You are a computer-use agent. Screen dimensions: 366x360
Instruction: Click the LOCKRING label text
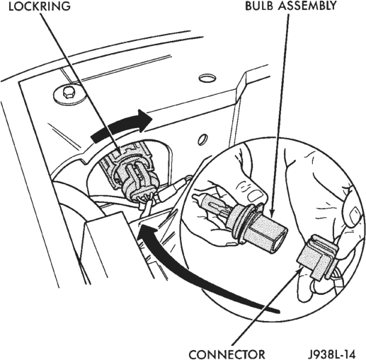[40, 6]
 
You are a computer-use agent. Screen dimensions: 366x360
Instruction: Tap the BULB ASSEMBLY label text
[291, 6]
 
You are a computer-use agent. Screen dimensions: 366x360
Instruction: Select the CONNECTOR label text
[227, 354]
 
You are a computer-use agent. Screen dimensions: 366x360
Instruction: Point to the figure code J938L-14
[331, 354]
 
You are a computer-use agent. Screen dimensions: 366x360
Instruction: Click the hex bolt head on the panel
[69, 93]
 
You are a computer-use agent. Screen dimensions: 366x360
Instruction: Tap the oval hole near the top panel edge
[207, 78]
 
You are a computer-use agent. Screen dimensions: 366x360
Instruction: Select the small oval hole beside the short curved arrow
[202, 139]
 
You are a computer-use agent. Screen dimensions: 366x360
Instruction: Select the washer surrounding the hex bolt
[69, 95]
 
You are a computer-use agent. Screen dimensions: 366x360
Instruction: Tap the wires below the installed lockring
[147, 204]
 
